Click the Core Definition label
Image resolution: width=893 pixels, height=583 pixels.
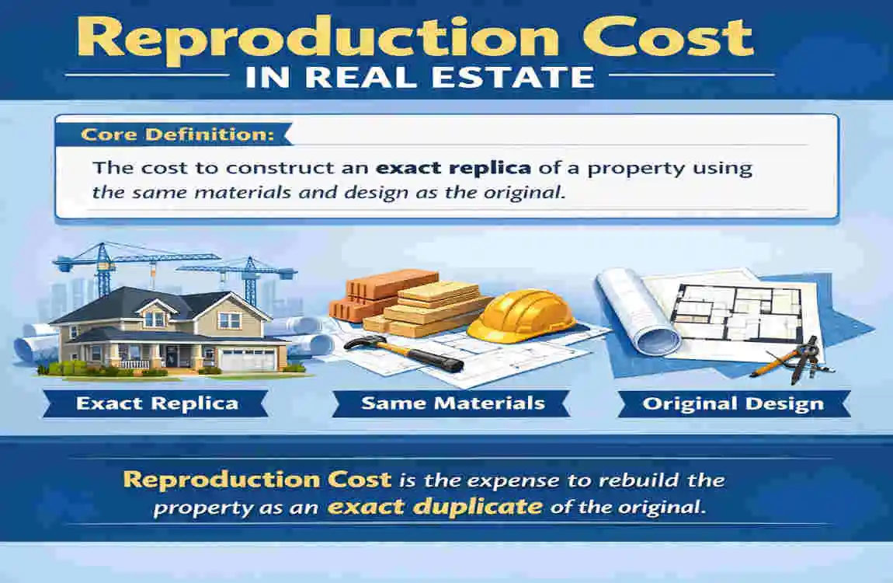coord(166,134)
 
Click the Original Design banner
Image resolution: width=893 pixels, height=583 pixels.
coord(732,403)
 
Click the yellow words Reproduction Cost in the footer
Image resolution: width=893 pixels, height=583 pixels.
coord(257,479)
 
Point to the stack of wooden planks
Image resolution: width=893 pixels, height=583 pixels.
coord(431,307)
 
